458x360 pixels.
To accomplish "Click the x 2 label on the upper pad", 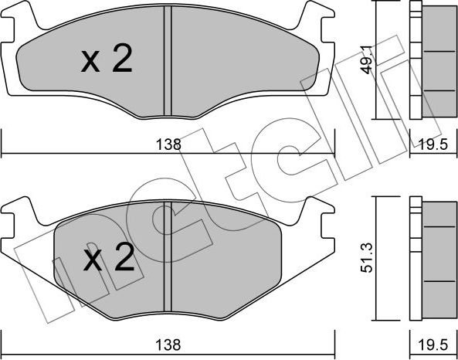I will [x=107, y=61].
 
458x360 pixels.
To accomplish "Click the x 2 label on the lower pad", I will [x=108, y=260].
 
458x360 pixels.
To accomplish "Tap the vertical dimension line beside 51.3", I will [x=375, y=259].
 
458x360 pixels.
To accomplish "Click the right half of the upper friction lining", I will [x=239, y=62].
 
